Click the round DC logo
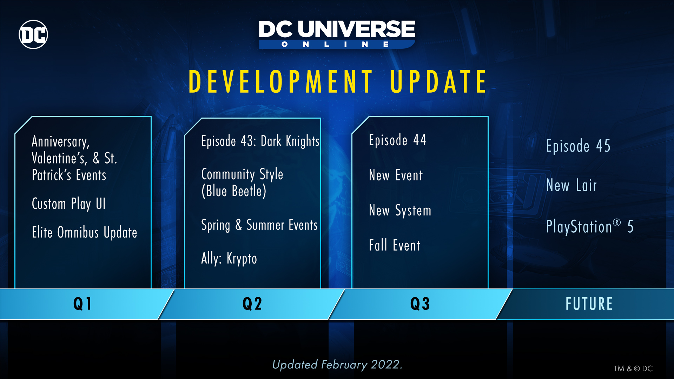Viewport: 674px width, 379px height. (x=33, y=34)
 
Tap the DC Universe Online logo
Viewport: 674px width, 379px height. (x=337, y=34)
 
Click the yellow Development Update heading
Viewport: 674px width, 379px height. (x=338, y=81)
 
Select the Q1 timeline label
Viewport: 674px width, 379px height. (x=82, y=304)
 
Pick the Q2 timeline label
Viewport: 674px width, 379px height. (x=252, y=304)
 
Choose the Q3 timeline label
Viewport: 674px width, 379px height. (x=420, y=304)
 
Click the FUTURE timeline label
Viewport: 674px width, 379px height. (x=589, y=304)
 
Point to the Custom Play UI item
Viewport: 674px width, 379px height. (x=69, y=204)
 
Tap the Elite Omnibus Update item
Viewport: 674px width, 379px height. (x=85, y=233)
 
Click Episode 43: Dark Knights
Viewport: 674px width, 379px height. (x=260, y=141)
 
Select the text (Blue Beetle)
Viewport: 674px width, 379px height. (x=234, y=191)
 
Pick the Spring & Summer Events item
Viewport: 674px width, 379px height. (x=259, y=225)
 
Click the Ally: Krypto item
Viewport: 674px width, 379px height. (x=229, y=259)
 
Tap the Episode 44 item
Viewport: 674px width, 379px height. (x=397, y=140)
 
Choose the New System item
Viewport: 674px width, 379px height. (x=400, y=211)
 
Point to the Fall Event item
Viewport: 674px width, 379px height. (x=395, y=245)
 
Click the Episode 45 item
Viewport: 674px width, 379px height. (x=578, y=146)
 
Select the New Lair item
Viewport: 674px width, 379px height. (x=571, y=185)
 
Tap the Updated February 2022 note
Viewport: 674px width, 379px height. (x=337, y=365)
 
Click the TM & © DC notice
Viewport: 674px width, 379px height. (x=633, y=368)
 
